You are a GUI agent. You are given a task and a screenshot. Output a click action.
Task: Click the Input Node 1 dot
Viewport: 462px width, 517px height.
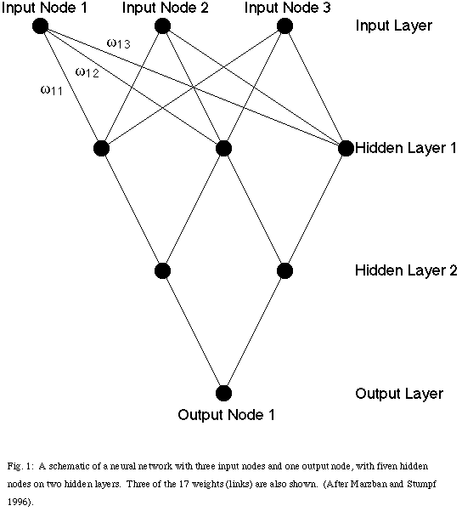[x=40, y=26]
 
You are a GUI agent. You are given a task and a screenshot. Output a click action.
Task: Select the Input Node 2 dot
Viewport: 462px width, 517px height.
[x=162, y=26]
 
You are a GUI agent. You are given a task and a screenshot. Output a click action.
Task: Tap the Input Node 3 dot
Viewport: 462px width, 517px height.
[x=285, y=26]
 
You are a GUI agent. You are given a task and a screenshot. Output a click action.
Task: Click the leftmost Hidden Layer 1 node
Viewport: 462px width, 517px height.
[x=101, y=148]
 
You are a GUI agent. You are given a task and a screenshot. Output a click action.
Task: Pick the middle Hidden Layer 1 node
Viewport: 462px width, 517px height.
[x=223, y=148]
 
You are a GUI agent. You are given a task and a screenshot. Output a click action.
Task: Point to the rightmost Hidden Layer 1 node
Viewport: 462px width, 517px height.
[x=346, y=148]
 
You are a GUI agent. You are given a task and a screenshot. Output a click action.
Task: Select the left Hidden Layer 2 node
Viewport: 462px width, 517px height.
[x=163, y=270]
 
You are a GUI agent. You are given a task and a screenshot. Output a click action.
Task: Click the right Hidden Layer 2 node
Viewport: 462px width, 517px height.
[x=285, y=270]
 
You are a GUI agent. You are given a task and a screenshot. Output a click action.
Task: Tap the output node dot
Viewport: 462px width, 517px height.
[x=223, y=393]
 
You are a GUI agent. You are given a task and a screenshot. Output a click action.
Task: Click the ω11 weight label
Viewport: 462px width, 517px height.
[x=51, y=90]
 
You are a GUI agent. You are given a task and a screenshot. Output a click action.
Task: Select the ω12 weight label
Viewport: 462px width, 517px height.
[x=87, y=72]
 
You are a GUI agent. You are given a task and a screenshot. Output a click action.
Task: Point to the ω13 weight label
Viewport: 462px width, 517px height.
[x=119, y=43]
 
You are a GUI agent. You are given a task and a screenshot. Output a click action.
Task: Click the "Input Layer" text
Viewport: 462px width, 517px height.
[x=394, y=26]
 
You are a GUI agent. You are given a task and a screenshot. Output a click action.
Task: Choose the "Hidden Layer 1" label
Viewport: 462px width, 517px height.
[x=406, y=148]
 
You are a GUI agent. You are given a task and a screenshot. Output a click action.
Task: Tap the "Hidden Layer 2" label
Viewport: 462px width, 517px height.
[x=406, y=270]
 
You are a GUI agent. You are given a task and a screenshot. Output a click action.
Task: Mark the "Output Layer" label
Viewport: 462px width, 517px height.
[x=399, y=394]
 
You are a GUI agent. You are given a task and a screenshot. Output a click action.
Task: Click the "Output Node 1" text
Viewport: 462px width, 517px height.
[x=226, y=415]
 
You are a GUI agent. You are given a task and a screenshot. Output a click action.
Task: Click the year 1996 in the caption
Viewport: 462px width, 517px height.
[x=18, y=503]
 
